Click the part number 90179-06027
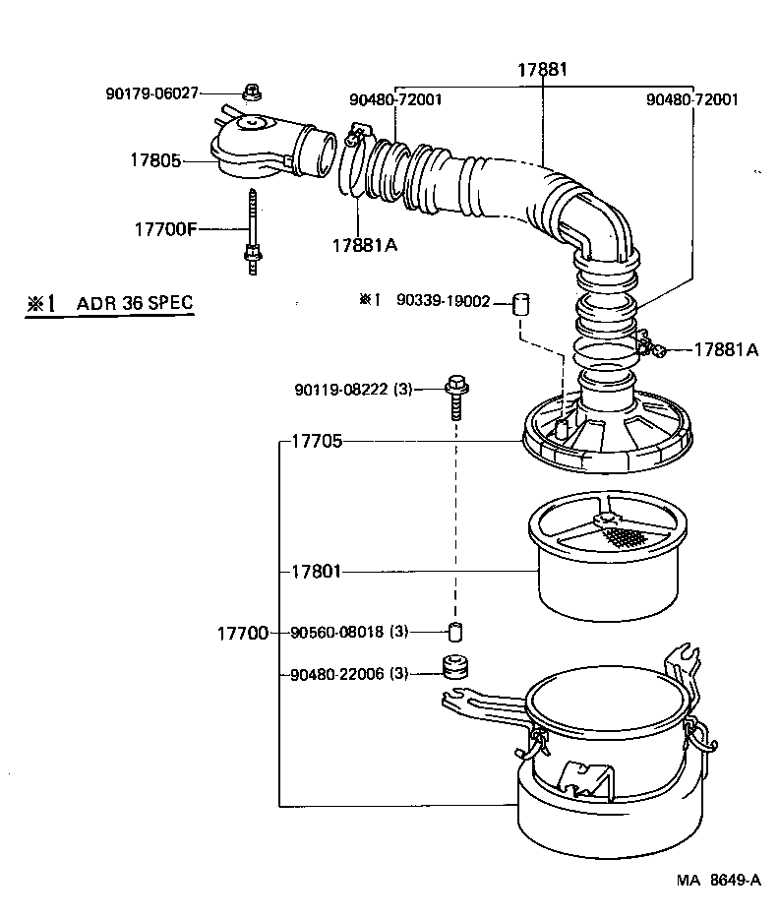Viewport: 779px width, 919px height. point(151,93)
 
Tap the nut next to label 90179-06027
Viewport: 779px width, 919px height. point(251,92)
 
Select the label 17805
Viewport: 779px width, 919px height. point(155,159)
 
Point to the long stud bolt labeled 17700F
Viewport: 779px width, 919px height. point(253,231)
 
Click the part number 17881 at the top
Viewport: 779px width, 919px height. point(543,71)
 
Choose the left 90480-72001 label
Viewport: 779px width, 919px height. point(394,100)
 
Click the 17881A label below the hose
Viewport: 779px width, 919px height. point(364,245)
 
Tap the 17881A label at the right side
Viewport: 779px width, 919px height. point(726,349)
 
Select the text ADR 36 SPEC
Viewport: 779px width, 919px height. point(135,304)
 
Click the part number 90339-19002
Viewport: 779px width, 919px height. point(445,301)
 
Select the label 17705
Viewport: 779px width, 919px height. point(317,442)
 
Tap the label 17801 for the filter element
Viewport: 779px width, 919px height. point(317,571)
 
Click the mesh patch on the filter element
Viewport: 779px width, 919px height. point(627,536)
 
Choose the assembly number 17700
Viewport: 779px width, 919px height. point(242,633)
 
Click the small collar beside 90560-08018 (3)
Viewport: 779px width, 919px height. point(455,631)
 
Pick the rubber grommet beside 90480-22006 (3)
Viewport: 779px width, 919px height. point(454,669)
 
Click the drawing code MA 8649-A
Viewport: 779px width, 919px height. point(718,881)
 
